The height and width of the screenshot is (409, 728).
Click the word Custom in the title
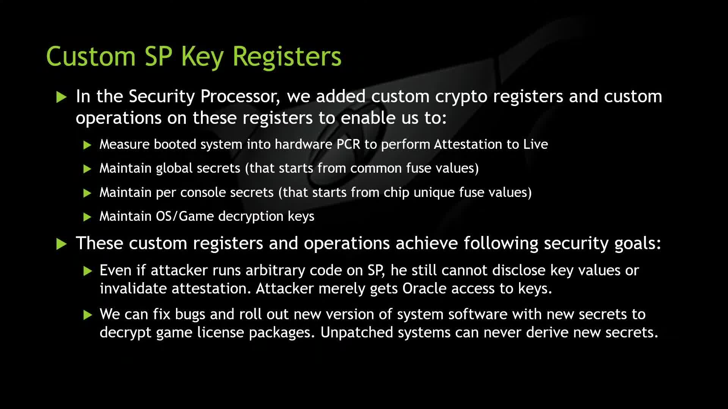[91, 56]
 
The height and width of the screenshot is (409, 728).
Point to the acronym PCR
[348, 144]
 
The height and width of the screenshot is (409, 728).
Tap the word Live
[536, 144]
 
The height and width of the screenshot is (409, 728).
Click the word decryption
[251, 217]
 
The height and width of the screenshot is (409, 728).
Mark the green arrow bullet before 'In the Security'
[61, 97]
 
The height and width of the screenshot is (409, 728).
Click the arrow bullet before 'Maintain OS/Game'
[87, 217]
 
